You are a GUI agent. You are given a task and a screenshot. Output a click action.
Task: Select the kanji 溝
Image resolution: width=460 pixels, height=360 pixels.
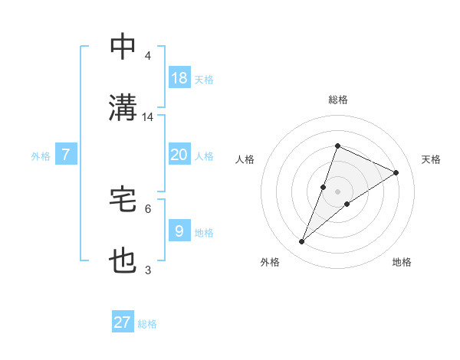123,107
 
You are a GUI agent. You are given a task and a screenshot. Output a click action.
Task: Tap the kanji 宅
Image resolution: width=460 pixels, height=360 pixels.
123,199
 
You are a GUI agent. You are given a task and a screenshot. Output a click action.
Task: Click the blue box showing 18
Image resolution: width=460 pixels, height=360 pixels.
179,77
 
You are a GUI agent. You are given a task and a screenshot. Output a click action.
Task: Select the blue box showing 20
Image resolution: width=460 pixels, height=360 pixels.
179,155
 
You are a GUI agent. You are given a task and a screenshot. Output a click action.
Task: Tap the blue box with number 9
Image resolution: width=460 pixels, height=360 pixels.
179,231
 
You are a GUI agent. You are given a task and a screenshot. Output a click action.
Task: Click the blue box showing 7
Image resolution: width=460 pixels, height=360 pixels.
66,155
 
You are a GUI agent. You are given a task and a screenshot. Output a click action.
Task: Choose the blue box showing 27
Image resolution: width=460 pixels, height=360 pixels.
123,322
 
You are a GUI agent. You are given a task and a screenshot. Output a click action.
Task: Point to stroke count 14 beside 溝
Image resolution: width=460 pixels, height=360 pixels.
148,117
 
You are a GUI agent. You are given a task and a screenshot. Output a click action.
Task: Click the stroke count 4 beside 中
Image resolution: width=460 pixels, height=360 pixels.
148,56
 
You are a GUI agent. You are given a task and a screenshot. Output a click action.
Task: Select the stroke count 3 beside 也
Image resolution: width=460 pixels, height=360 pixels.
148,270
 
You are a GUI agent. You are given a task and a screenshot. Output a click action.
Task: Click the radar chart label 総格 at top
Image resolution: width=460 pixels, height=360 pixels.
337,100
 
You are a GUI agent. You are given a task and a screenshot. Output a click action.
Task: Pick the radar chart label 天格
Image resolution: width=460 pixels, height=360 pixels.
431,159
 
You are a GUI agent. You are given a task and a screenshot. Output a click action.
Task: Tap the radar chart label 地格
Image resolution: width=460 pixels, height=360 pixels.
402,263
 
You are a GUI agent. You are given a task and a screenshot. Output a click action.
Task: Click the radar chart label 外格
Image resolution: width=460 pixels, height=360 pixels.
270,263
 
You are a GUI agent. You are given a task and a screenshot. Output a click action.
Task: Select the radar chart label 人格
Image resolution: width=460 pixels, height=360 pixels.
245,159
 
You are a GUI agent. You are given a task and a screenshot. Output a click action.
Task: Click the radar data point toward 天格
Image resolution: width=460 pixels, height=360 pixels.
396,173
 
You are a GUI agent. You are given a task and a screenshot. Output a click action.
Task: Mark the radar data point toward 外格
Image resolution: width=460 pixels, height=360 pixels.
302,242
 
